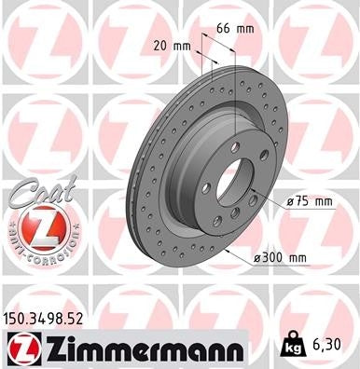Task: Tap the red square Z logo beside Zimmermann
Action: pyautogui.click(x=20, y=347)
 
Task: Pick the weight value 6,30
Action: pyautogui.click(x=333, y=345)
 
